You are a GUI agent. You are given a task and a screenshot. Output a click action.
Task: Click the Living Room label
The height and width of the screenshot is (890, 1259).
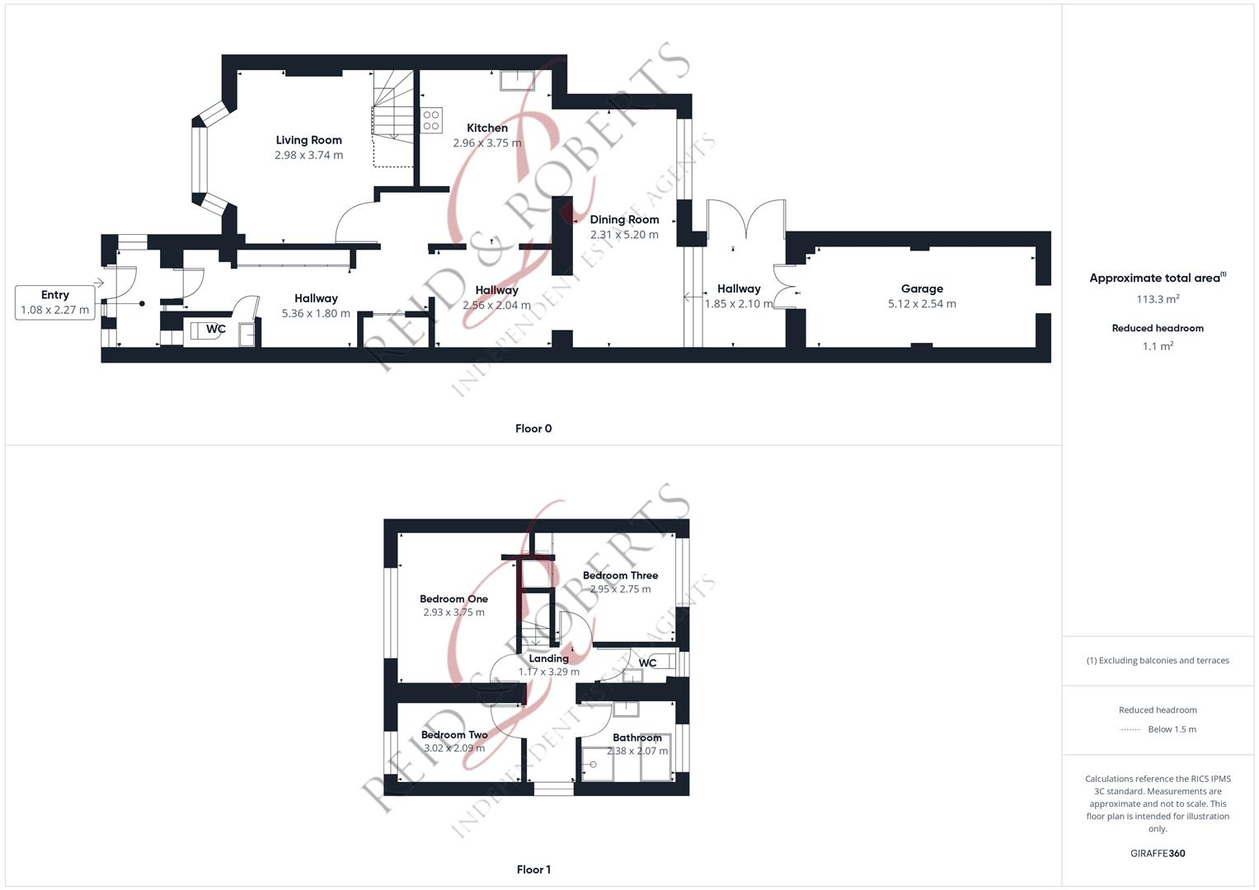click(308, 140)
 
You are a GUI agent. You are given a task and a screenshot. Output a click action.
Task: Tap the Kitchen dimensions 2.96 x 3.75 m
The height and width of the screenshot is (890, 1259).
click(486, 143)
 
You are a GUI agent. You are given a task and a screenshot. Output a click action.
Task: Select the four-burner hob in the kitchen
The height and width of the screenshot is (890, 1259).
click(431, 120)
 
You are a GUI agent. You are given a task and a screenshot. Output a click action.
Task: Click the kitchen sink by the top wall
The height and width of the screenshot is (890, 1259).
click(518, 80)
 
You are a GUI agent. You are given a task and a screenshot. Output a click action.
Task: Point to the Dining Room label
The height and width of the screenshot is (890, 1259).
click(624, 219)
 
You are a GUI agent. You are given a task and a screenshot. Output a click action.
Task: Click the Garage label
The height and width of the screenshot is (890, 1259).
click(922, 288)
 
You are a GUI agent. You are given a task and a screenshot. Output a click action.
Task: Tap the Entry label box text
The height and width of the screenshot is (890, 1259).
click(55, 295)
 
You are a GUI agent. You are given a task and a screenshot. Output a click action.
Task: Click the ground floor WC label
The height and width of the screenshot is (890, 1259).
click(216, 330)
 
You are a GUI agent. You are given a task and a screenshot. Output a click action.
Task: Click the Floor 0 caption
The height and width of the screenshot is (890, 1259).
click(533, 429)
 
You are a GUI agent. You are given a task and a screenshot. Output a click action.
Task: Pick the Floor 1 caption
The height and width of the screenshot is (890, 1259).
click(533, 869)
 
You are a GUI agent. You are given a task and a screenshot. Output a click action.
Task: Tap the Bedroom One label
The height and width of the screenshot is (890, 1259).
click(453, 599)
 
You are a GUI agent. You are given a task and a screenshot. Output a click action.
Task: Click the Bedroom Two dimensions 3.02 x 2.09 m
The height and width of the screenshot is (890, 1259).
click(454, 748)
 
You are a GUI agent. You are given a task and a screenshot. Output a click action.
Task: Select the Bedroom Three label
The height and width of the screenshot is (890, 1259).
click(620, 575)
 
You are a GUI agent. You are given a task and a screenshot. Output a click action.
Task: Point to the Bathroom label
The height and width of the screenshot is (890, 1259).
click(637, 738)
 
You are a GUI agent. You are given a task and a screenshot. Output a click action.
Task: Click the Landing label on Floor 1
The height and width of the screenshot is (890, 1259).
click(548, 658)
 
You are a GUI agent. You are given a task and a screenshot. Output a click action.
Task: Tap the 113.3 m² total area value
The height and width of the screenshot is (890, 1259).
click(1158, 299)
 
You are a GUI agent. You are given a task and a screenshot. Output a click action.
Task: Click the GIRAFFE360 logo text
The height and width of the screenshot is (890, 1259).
click(1158, 854)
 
